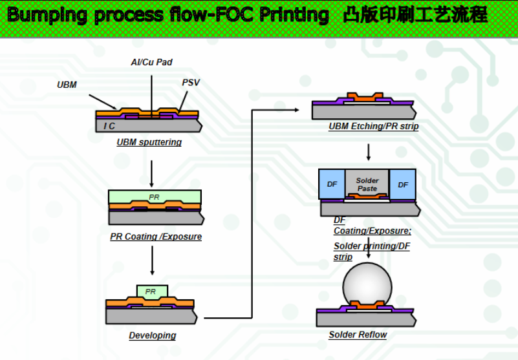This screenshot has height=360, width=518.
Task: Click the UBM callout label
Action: pyautogui.click(x=67, y=85)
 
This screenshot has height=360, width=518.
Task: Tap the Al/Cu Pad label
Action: pyautogui.click(x=151, y=62)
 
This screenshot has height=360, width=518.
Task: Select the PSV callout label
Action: pyautogui.click(x=191, y=83)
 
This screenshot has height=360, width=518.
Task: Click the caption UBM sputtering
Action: pyautogui.click(x=149, y=142)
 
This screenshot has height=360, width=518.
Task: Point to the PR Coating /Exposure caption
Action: pyautogui.click(x=156, y=237)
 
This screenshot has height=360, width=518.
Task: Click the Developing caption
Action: pyautogui.click(x=152, y=335)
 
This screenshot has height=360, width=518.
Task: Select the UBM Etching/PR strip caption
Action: pyautogui.click(x=373, y=127)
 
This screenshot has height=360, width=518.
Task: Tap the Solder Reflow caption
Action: pyautogui.click(x=358, y=335)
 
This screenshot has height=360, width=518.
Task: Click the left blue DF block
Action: pyautogui.click(x=332, y=184)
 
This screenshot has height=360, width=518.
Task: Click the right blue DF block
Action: pyautogui.click(x=403, y=184)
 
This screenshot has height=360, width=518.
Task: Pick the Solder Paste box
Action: pyautogui.click(x=367, y=184)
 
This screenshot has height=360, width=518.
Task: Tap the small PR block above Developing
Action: pyautogui.click(x=151, y=291)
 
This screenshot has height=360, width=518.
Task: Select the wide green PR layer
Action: pyautogui.click(x=155, y=196)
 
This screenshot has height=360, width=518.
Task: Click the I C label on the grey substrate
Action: pyautogui.click(x=110, y=126)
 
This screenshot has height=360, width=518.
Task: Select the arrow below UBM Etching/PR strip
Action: pyautogui.click(x=368, y=152)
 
